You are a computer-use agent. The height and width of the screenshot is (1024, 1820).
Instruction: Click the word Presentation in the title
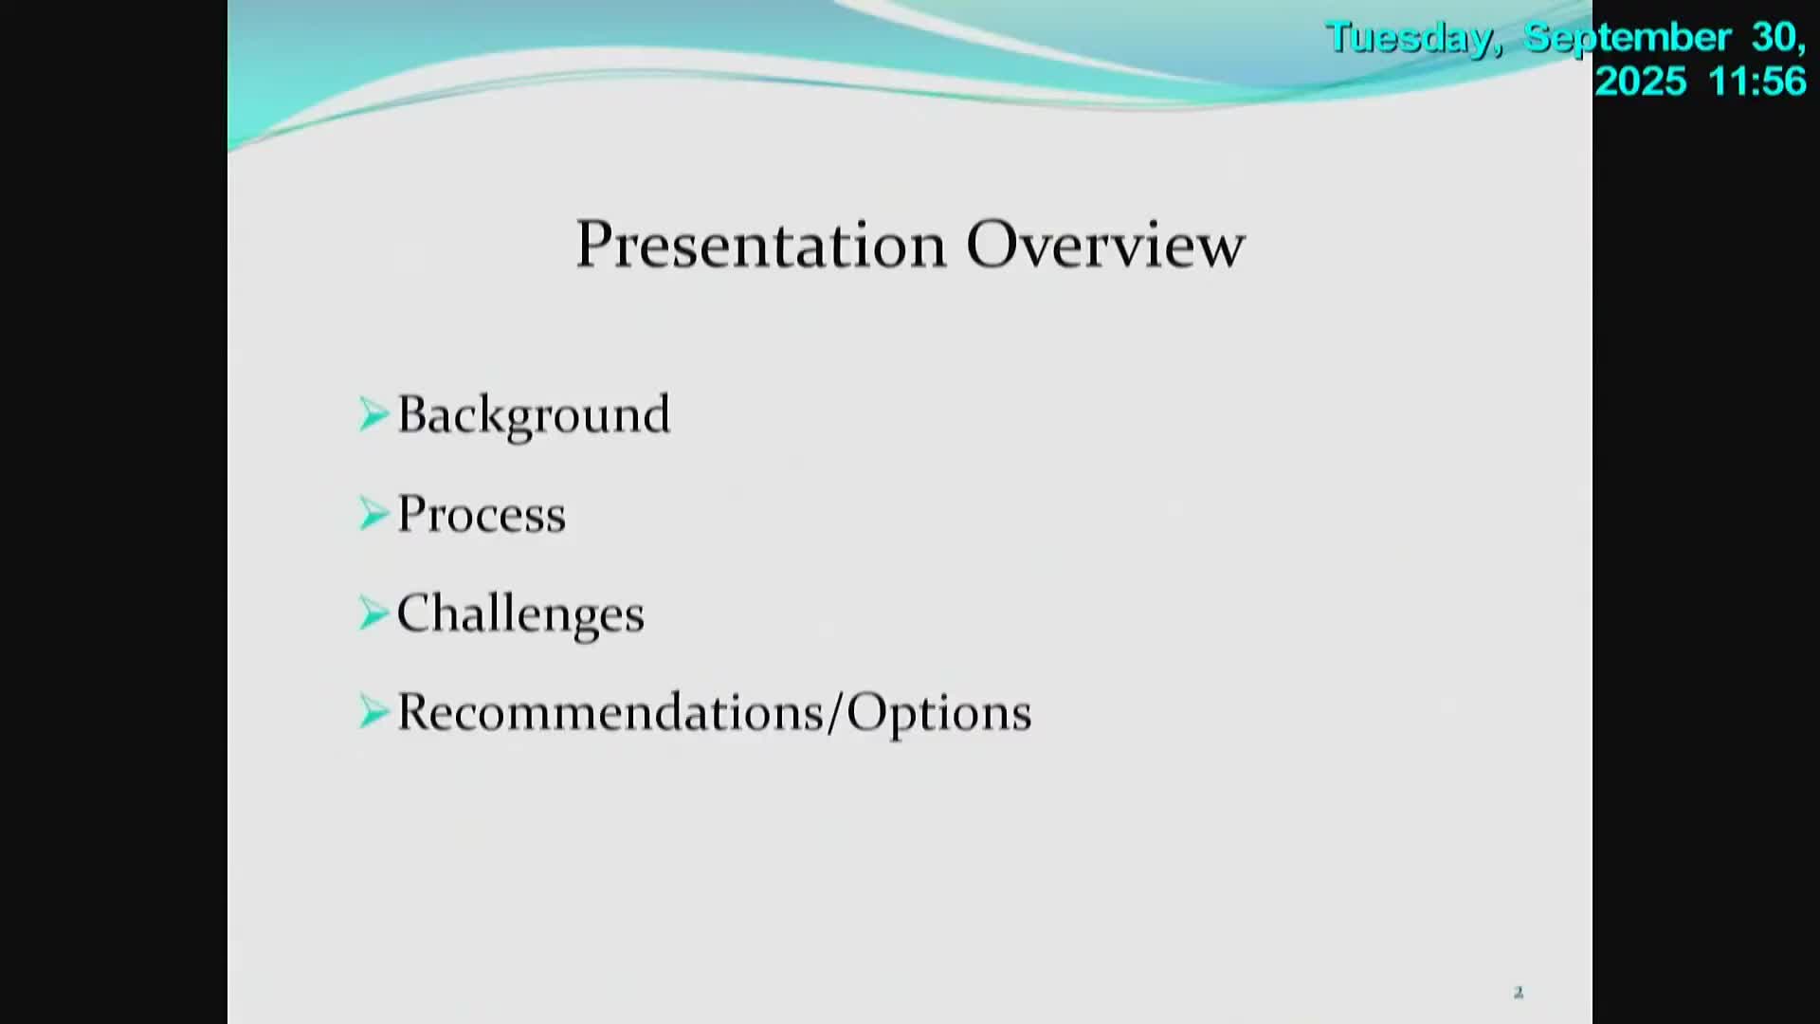pyautogui.click(x=761, y=245)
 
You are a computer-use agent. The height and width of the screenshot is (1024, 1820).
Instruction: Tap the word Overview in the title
pyautogui.click(x=1105, y=245)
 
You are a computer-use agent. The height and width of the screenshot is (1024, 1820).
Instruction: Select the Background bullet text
pyautogui.click(x=534, y=415)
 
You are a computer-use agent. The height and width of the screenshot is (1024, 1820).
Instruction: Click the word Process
pyautogui.click(x=481, y=514)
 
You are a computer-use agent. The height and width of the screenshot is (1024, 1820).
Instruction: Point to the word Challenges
pyautogui.click(x=520, y=613)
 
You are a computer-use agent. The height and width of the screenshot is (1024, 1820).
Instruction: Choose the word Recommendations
pyautogui.click(x=610, y=712)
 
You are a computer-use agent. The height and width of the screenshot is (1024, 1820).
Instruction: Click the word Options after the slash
pyautogui.click(x=938, y=713)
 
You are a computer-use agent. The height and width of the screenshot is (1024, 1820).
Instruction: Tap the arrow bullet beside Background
pyautogui.click(x=373, y=414)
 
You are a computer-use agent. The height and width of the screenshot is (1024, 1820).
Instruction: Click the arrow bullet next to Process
pyautogui.click(x=373, y=514)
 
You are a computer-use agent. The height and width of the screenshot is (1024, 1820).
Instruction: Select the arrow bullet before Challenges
pyautogui.click(x=373, y=613)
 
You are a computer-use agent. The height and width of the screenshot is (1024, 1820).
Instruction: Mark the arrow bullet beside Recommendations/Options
pyautogui.click(x=373, y=712)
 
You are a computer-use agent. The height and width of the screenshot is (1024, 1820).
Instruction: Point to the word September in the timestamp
pyautogui.click(x=1628, y=39)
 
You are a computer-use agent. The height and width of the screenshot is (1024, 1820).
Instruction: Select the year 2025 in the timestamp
pyautogui.click(x=1641, y=82)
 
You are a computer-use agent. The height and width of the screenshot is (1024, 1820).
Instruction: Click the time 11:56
pyautogui.click(x=1758, y=82)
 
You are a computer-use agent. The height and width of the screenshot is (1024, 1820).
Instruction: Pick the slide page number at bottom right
pyautogui.click(x=1519, y=993)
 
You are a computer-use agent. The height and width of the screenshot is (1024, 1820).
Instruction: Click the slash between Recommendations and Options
pyautogui.click(x=835, y=713)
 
